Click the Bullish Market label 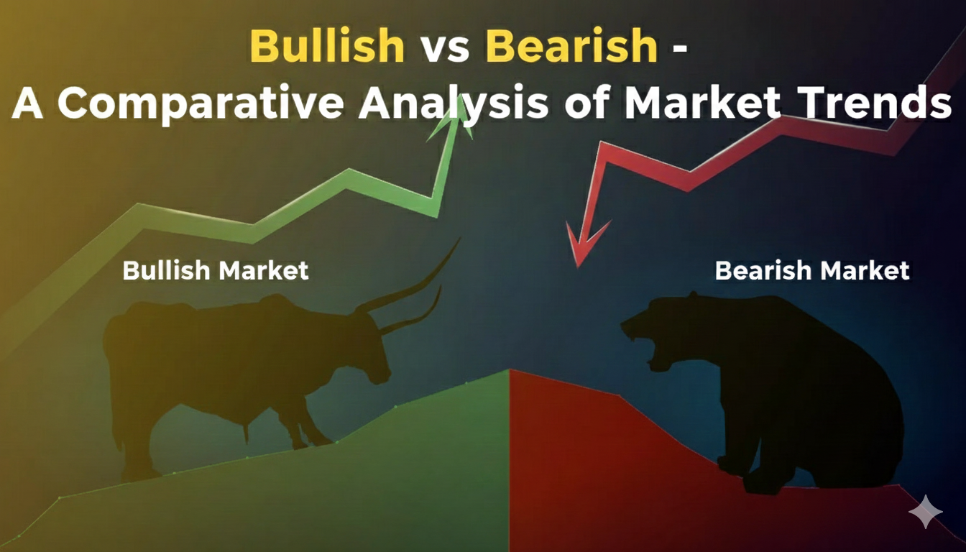pyautogui.click(x=216, y=270)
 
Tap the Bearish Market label pyautogui.click(x=812, y=270)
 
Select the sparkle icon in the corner pyautogui.click(x=925, y=512)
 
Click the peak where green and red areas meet pyautogui.click(x=509, y=371)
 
